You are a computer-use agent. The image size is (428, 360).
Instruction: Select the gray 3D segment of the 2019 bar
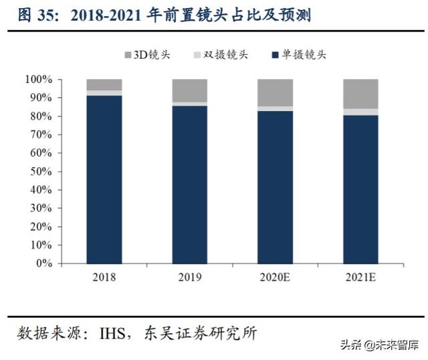tap(189, 90)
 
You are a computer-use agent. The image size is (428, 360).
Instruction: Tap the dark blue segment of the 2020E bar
tap(275, 187)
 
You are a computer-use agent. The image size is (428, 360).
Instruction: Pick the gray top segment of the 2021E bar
tap(360, 94)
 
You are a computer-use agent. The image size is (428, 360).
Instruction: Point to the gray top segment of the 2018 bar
tap(104, 84)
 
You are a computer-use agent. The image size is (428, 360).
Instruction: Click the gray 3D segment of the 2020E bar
tap(275, 92)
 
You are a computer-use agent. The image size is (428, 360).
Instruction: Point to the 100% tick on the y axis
tap(38, 80)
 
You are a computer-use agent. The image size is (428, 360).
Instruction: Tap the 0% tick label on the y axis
tap(43, 264)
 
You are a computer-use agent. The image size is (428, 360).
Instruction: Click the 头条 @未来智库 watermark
tap(379, 346)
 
